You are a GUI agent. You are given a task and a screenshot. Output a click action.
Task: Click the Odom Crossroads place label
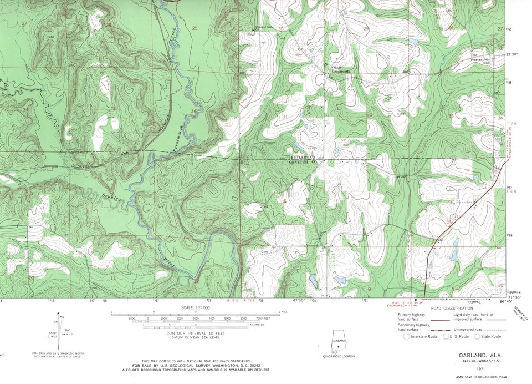[x=340, y=70]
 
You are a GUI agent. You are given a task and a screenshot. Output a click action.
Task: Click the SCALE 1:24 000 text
[x=195, y=307]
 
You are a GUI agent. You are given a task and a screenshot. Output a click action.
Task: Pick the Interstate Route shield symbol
[x=406, y=336]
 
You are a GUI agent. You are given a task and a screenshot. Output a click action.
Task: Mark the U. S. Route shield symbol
[x=445, y=336]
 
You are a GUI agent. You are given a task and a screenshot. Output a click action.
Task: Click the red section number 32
[x=369, y=114]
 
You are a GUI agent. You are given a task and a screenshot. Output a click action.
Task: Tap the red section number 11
[x=113, y=278]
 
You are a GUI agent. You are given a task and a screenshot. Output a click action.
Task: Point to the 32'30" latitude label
[x=515, y=54]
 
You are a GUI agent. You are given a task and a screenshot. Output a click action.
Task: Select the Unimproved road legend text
[x=469, y=329]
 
